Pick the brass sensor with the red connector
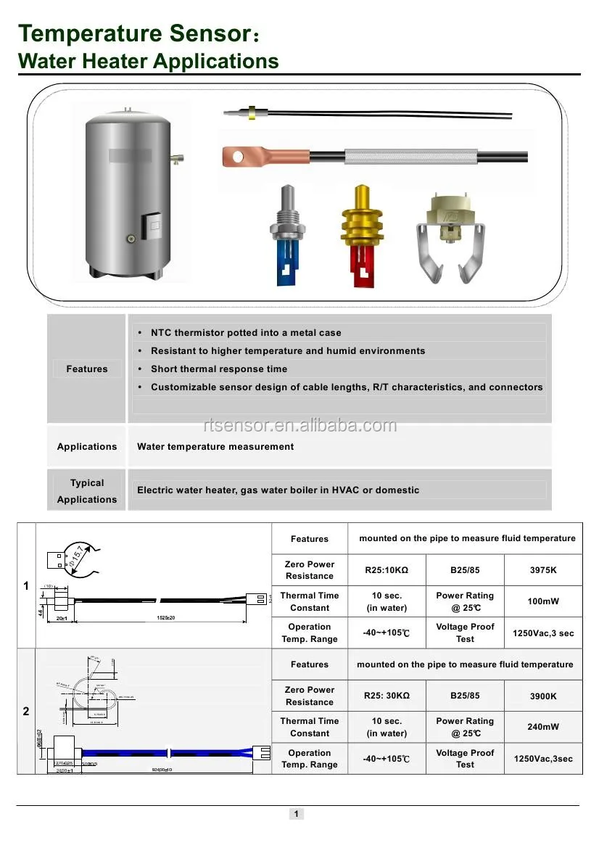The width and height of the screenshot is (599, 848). click(360, 236)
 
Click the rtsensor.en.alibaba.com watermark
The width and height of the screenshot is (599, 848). click(299, 426)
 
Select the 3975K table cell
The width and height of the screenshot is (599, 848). click(543, 570)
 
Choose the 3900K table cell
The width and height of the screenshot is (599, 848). click(543, 696)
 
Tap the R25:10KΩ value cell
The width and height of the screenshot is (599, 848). click(387, 570)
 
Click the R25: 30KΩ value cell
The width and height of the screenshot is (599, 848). click(387, 696)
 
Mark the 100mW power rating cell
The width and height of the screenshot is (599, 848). click(543, 601)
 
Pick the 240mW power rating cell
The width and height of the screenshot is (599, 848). click(543, 727)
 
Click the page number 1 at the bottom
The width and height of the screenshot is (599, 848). click(296, 814)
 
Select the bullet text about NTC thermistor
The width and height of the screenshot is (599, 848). click(246, 333)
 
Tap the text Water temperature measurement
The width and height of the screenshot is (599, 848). click(215, 447)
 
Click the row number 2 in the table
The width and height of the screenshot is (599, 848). click(26, 712)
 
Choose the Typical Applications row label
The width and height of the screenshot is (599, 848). click(87, 491)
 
